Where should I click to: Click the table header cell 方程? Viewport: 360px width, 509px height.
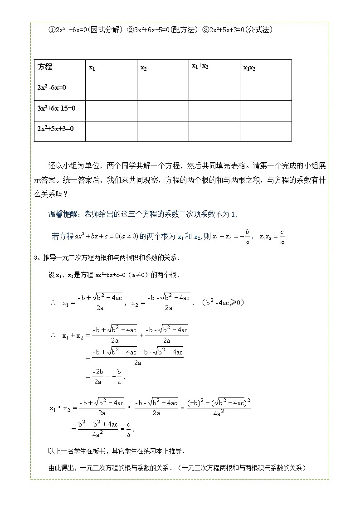tap(45, 67)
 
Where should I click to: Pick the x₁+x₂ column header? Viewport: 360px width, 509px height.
tap(200, 66)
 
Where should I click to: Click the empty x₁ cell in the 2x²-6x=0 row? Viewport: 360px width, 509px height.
tap(111, 90)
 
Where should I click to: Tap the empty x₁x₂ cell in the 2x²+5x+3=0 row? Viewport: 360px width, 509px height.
tap(265, 131)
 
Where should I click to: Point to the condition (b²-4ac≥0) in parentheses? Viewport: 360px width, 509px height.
tap(223, 302)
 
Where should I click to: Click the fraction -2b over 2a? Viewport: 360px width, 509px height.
tap(97, 376)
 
